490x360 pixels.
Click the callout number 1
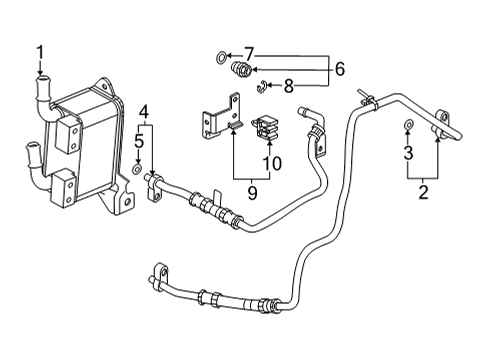point(41,51)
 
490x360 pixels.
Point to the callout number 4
point(145,112)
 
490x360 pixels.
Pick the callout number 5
point(138,143)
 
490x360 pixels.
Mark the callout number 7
point(250,52)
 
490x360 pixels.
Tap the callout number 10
point(270,162)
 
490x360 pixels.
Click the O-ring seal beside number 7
point(220,56)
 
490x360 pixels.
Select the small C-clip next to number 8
point(259,84)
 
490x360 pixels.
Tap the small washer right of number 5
point(136,171)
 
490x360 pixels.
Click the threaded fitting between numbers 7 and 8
point(240,70)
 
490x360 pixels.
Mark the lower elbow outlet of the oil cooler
point(34,155)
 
